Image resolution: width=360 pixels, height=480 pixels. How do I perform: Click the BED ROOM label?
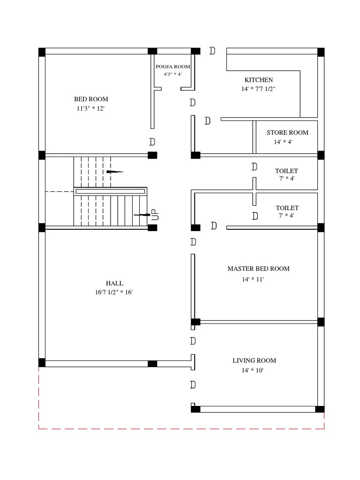91,99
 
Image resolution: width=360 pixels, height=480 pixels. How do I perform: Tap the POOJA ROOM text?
173,67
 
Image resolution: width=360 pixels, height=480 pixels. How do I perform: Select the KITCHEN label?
258,80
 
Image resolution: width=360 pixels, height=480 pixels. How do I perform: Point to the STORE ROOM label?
287,133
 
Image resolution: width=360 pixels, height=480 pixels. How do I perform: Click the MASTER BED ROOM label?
258,269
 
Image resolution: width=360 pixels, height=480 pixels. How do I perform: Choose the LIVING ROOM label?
254,360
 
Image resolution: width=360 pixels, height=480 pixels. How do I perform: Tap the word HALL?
114,283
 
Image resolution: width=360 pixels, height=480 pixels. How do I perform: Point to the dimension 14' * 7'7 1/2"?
258,89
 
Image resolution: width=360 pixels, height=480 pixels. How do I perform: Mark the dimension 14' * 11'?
253,279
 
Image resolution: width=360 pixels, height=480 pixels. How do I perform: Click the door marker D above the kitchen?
212,51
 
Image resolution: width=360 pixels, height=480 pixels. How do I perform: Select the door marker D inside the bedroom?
152,142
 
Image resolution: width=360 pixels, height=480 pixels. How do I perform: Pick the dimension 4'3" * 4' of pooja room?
172,74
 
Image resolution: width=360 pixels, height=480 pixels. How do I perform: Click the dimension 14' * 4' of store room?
283,142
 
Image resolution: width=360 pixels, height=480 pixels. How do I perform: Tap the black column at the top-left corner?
42,52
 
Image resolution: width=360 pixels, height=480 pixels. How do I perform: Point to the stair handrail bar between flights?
110,191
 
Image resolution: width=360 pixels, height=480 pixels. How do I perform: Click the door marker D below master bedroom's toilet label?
255,216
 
